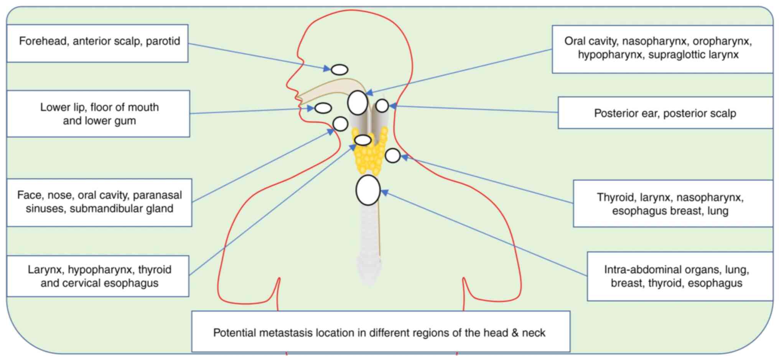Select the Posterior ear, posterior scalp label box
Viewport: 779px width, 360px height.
665,113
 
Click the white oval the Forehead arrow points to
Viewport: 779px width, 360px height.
339,69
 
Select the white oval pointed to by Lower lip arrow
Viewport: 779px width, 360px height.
323,108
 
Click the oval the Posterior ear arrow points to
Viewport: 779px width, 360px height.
382,106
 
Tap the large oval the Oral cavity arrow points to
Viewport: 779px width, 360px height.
357,103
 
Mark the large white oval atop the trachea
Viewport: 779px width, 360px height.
368,190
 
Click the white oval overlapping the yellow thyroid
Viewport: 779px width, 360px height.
362,140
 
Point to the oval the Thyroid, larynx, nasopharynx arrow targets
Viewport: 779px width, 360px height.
392,155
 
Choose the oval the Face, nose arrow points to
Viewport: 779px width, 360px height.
340,124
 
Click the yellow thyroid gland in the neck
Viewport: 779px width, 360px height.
369,159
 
